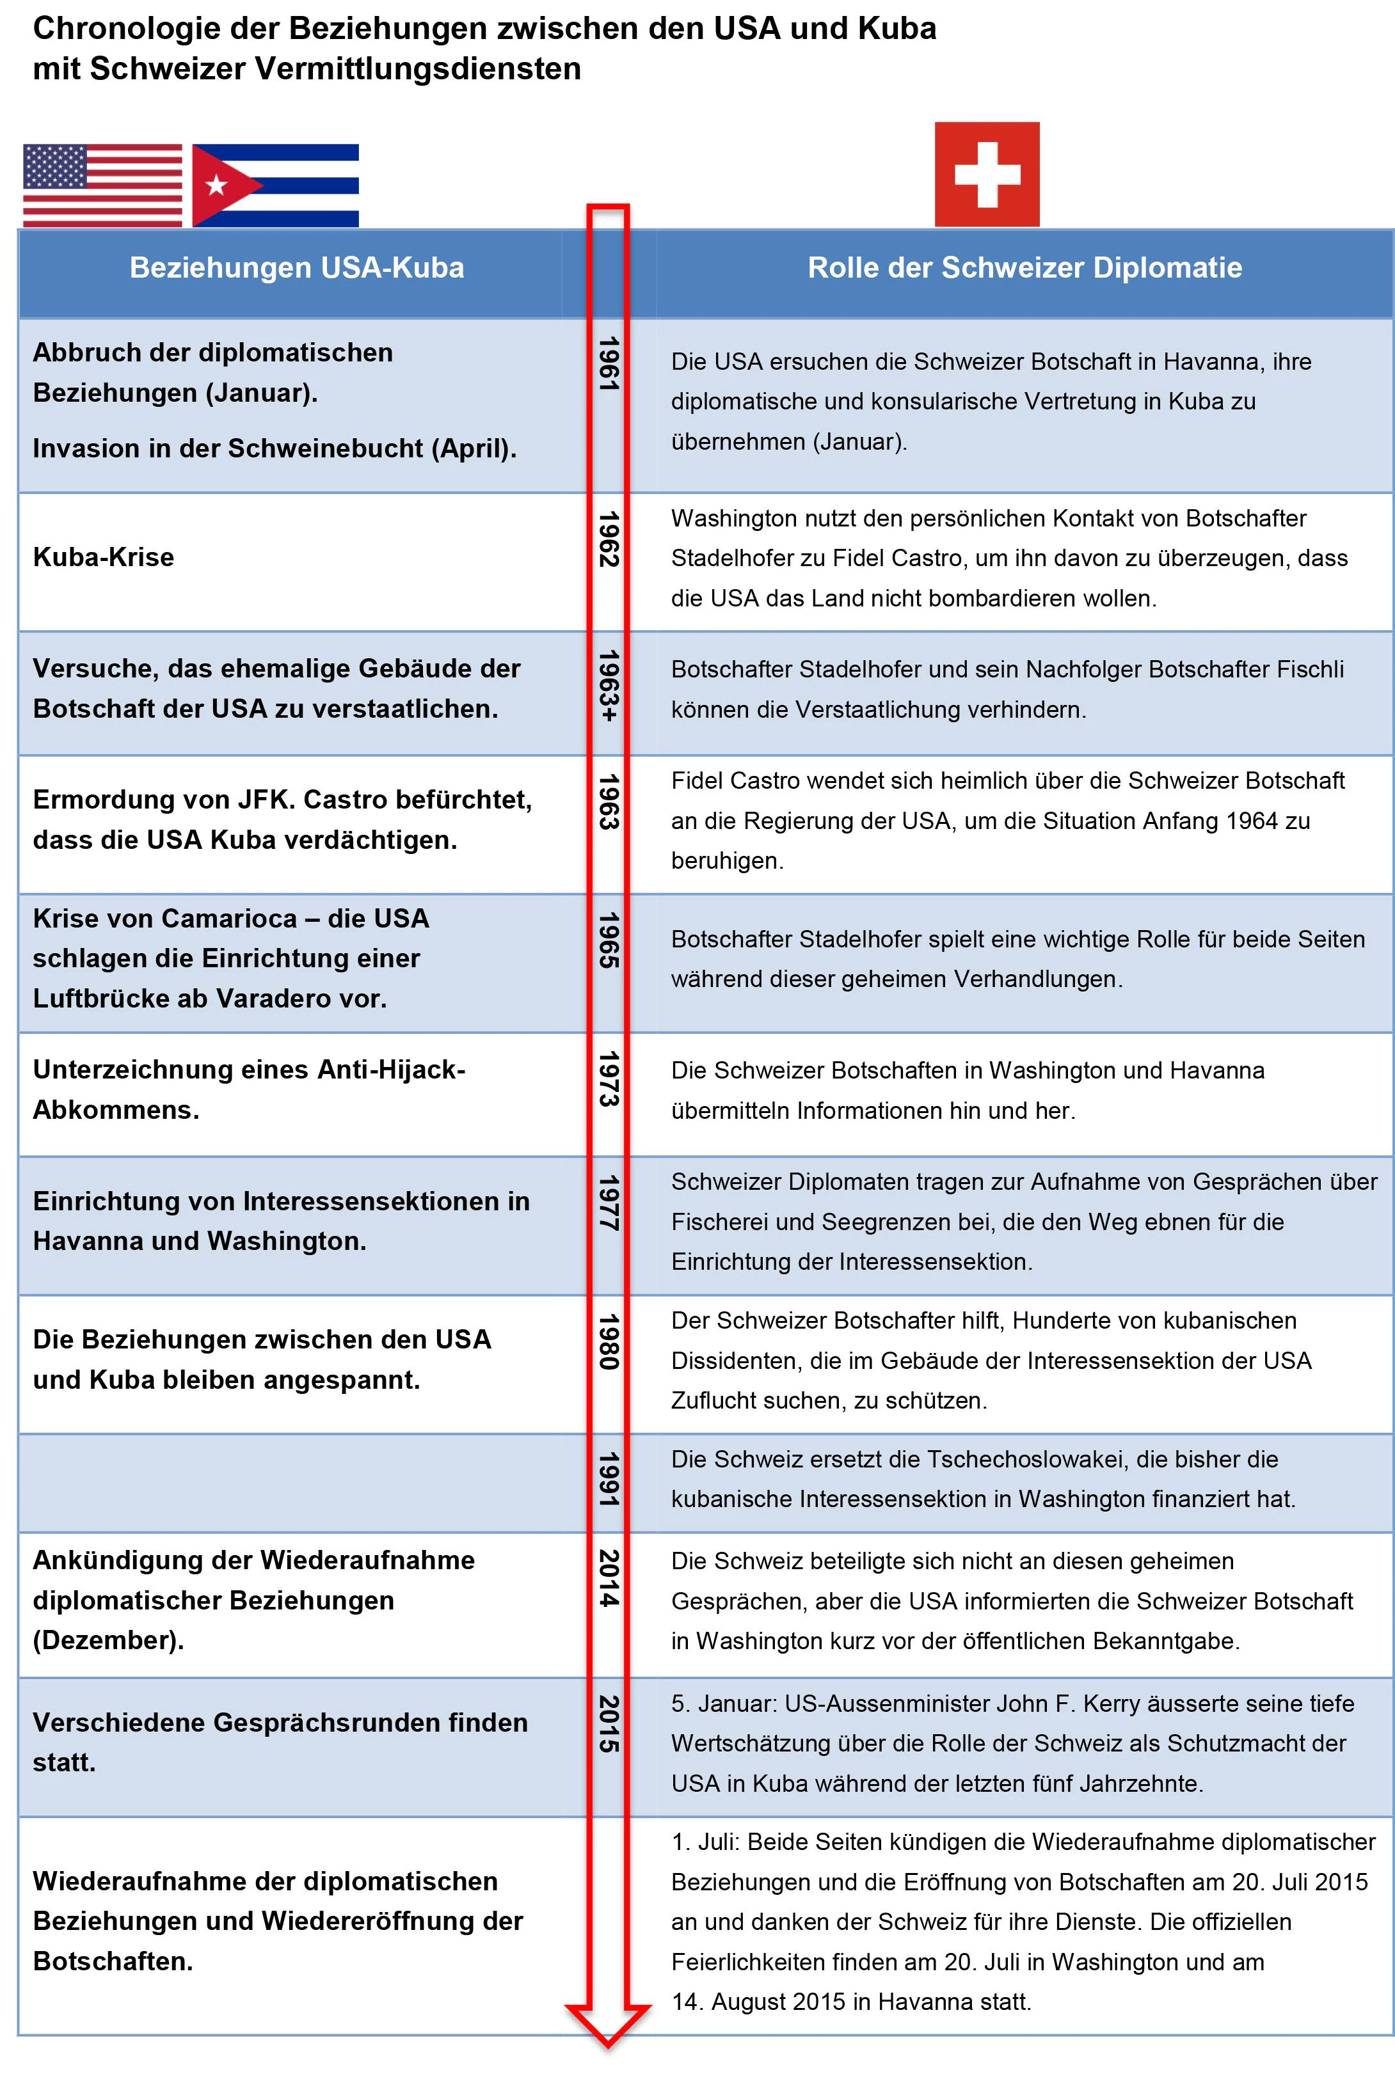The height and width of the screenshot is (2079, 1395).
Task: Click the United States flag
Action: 102,185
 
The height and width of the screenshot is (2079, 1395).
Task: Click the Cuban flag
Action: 276,185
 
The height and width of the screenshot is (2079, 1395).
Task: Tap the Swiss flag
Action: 987,174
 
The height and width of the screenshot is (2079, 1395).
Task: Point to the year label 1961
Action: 609,364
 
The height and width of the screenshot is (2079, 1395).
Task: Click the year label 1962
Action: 609,539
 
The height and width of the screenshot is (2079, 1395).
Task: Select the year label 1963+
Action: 609,686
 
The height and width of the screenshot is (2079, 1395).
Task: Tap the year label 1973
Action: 609,1079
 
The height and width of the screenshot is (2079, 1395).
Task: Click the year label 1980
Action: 609,1342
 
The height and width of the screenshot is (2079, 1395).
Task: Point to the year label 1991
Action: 609,1480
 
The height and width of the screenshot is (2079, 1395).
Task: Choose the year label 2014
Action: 609,1578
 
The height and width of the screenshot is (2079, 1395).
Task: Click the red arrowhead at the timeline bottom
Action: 608,2026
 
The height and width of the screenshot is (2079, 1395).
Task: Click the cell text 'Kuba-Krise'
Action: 103,558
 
